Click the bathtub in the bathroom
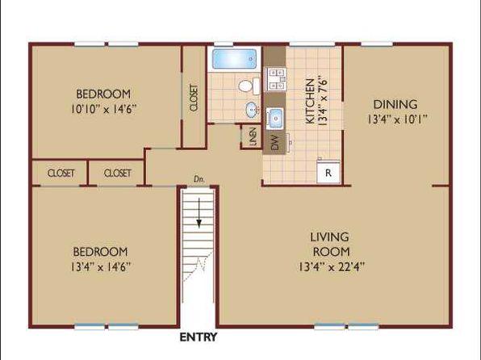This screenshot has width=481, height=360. (x=234, y=59)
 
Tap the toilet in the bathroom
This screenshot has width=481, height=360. (x=249, y=86)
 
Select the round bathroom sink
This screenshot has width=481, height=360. (x=252, y=110)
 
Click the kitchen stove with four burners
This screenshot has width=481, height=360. (x=276, y=79)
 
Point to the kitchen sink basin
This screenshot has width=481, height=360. (x=275, y=118)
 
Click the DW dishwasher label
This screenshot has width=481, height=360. (x=275, y=143)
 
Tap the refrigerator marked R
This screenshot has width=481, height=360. (x=328, y=172)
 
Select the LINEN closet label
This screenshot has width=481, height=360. (x=253, y=136)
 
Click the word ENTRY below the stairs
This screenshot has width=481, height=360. (x=199, y=337)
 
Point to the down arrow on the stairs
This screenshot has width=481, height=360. (x=199, y=213)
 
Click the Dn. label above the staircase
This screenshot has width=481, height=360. (x=199, y=179)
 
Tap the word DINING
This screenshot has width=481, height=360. (x=395, y=104)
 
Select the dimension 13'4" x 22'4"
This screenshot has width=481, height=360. (x=332, y=266)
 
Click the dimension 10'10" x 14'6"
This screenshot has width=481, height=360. (x=103, y=109)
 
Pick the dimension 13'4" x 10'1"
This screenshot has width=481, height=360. (x=398, y=119)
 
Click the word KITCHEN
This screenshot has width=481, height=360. (x=311, y=101)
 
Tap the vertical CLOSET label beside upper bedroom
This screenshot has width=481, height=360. (x=194, y=98)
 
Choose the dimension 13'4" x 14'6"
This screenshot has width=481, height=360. (x=101, y=266)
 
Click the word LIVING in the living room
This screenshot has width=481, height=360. (x=329, y=237)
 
